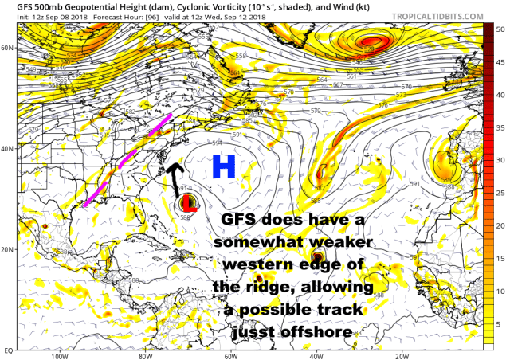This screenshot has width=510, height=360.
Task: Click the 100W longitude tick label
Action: (x=57, y=356)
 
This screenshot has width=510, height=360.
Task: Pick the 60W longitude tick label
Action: (x=230, y=356)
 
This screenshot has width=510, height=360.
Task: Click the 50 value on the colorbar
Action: (x=500, y=29)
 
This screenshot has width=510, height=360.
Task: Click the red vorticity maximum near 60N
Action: (x=371, y=42)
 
